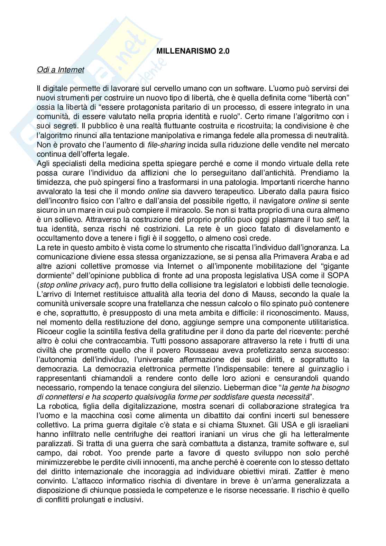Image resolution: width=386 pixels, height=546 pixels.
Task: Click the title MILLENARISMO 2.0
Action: [193, 51]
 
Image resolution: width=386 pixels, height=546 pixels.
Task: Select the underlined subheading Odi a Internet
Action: [60, 70]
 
